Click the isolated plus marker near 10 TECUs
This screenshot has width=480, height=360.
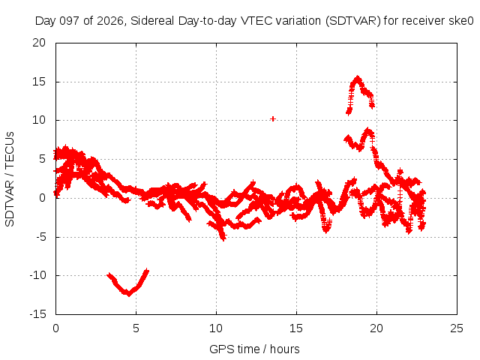(x=273, y=118)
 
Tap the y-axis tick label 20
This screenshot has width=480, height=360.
(x=39, y=43)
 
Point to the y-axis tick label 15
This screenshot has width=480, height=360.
(x=39, y=82)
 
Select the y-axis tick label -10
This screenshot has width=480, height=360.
(x=37, y=275)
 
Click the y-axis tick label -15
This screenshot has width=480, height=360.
(x=37, y=314)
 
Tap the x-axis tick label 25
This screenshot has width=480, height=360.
(x=457, y=328)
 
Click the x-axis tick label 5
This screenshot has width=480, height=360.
(x=136, y=328)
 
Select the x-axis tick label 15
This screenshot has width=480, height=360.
(x=296, y=328)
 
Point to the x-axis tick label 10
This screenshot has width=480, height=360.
(x=216, y=328)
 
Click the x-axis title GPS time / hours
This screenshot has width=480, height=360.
(x=254, y=349)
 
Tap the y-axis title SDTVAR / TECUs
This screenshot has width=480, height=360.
(x=10, y=179)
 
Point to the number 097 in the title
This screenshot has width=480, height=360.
(x=70, y=21)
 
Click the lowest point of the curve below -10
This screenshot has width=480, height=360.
(x=128, y=295)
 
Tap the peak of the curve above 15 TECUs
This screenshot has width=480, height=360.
(x=358, y=77)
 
